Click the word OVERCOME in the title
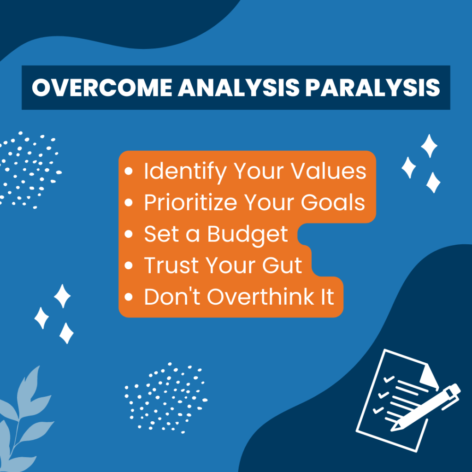102,88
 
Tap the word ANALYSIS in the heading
239,88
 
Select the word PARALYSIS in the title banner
372,88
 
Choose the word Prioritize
190,202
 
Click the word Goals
333,202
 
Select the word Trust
171,265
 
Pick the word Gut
282,265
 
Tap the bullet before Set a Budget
129,234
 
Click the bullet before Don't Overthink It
129,297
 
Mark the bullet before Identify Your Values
129,171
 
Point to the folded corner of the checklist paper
430,376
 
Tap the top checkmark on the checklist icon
389,379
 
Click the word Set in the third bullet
161,234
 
